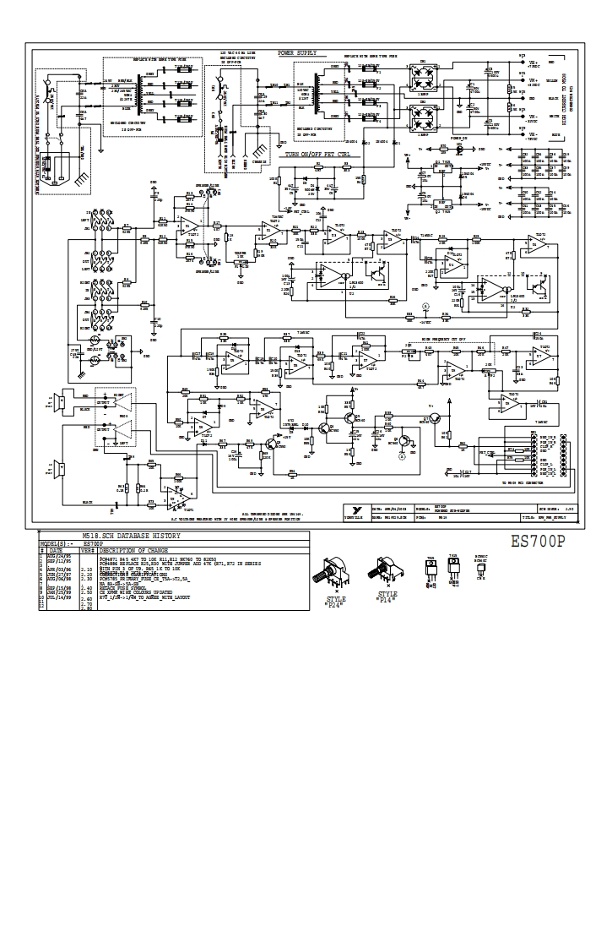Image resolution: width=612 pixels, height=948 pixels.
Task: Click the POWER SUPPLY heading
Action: coord(297,52)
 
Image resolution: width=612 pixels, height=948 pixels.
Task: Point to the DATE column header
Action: coord(54,549)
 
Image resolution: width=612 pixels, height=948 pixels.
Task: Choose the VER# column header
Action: coord(86,549)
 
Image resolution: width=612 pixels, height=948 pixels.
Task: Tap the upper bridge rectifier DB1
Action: coord(421,77)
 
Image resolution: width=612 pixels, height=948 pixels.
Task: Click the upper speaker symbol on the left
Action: coord(60,404)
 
